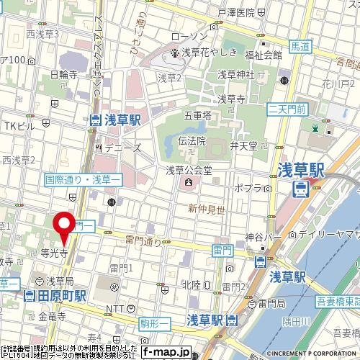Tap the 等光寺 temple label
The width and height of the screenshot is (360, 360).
click(x=55, y=253)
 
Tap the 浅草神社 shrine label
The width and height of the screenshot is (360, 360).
click(x=236, y=73)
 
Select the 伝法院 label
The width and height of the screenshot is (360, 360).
click(x=192, y=141)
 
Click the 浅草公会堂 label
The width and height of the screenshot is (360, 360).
click(x=185, y=171)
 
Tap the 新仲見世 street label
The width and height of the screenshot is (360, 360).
click(x=203, y=208)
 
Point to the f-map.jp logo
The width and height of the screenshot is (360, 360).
click(x=166, y=352)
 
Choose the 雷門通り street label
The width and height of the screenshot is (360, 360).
click(x=143, y=242)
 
